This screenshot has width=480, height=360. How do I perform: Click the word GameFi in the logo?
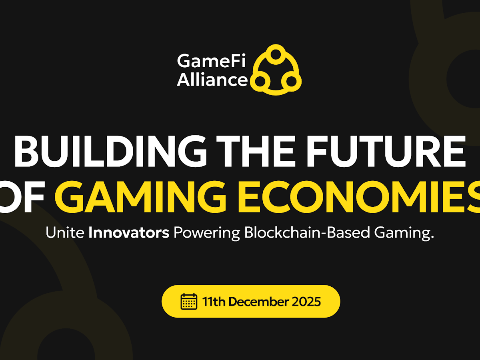click(x=212, y=60)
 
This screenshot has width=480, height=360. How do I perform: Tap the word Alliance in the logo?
click(x=212, y=80)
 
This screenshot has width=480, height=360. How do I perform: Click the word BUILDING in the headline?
click(x=111, y=151)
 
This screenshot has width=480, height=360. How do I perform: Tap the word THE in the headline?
click(x=255, y=151)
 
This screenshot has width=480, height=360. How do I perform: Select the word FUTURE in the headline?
click(x=386, y=151)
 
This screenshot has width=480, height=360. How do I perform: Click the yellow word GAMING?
click(x=140, y=196)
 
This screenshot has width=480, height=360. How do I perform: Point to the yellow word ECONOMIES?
click(x=359, y=196)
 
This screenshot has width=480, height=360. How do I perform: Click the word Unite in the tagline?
click(x=65, y=232)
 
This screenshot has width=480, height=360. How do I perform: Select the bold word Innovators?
click(x=129, y=232)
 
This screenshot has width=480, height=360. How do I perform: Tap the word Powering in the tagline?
click(x=207, y=234)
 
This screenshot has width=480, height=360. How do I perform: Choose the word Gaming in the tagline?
click(x=404, y=234)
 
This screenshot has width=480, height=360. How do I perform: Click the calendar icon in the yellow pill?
click(x=189, y=302)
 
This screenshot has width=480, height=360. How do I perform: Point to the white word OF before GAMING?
click(x=22, y=196)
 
